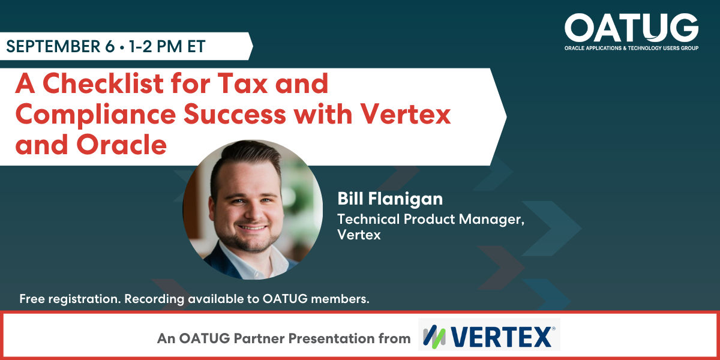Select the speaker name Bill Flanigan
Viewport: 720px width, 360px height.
[391, 199]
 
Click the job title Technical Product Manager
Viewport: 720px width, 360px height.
[431, 219]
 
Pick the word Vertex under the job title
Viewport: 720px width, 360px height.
[359, 235]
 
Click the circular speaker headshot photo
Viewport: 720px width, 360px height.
[252, 209]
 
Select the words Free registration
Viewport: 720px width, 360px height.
[70, 299]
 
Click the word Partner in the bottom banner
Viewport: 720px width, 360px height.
[256, 338]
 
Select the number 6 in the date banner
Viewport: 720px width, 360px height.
[109, 46]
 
